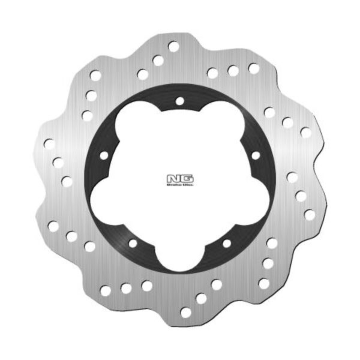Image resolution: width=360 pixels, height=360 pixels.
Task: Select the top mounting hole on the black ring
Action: tap(179, 100)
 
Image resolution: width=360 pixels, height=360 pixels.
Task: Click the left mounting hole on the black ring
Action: tap(103, 155)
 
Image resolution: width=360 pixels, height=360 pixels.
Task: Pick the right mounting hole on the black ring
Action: tap(256, 155)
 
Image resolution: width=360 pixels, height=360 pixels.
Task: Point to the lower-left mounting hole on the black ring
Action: tap(133, 243)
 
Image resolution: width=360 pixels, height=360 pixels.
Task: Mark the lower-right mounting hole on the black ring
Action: tap(226, 243)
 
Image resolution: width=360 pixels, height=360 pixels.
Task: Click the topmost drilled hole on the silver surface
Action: tap(173, 46)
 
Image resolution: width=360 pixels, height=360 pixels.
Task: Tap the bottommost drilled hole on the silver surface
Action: tap(185, 312)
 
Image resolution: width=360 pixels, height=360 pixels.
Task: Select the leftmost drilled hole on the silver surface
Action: tap(49, 144)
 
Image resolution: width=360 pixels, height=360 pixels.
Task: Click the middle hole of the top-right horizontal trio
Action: tap(233, 71)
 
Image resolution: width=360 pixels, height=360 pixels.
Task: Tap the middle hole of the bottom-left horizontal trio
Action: tap(126, 288)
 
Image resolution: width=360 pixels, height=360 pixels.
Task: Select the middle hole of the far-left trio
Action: tap(58, 162)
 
